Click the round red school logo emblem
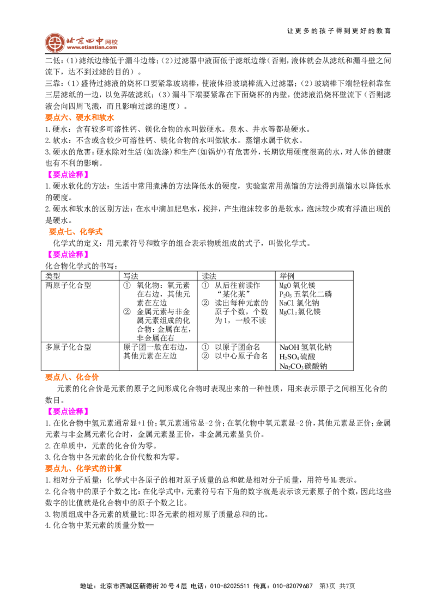point(55,42)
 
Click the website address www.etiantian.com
point(92,47)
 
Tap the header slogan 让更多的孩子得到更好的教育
point(339,31)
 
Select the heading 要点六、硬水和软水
point(80,118)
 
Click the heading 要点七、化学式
point(76,231)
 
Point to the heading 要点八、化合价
point(71,377)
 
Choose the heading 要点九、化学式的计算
point(83,469)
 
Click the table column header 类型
point(53,276)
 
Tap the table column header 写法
point(131,276)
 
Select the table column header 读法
point(209,276)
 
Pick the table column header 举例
point(287,276)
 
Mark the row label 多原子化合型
point(68,347)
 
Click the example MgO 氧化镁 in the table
point(298,286)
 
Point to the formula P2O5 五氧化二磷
point(306,294)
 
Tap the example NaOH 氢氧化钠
point(306,347)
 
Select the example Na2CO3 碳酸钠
point(303,366)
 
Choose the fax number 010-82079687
point(293,586)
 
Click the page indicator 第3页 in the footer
point(328,586)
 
